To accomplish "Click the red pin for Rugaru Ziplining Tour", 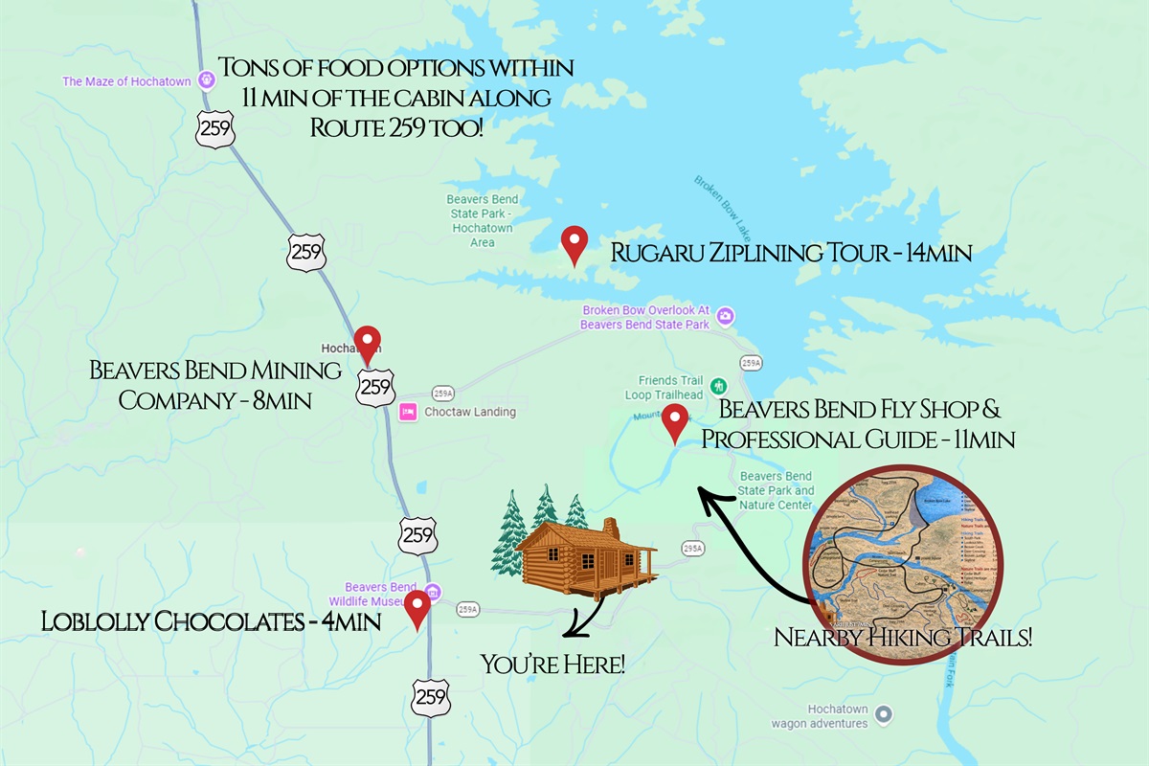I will [x=574, y=243].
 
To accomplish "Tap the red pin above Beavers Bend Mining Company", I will [x=368, y=343].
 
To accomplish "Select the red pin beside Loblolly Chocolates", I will [x=417, y=607].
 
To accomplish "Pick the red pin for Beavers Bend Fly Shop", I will [x=676, y=422].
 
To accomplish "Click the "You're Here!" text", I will [x=553, y=662].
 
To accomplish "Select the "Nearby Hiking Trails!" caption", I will [x=903, y=637].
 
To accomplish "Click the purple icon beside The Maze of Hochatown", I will [x=205, y=80].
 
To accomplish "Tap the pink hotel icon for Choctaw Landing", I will [x=407, y=412].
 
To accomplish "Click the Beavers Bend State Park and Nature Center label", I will [x=776, y=490].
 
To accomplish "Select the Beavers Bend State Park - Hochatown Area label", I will [x=483, y=221].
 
